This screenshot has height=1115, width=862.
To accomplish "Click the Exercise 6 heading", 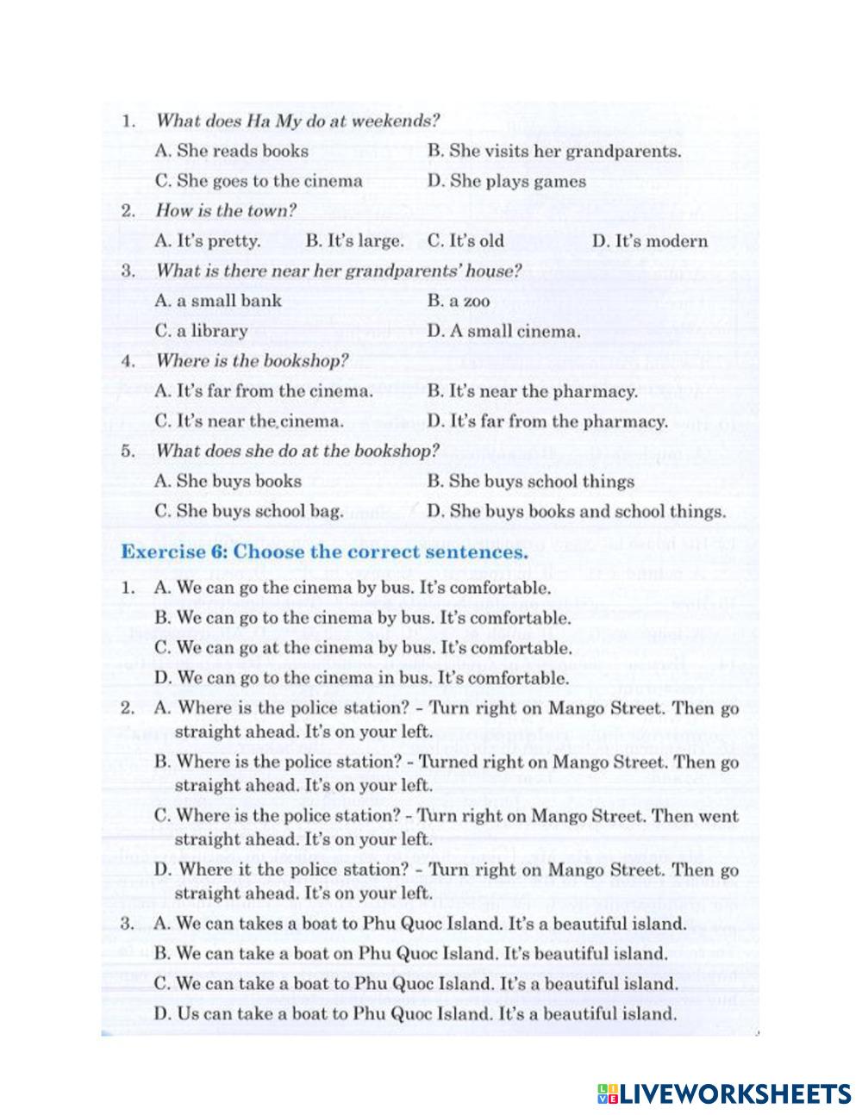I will (x=323, y=551).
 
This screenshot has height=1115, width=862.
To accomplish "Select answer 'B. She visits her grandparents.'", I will (x=553, y=151).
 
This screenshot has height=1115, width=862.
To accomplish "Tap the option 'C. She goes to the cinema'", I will (x=259, y=181).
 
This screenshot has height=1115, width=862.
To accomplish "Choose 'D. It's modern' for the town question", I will (x=649, y=241).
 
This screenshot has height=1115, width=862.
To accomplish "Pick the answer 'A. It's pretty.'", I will (x=207, y=241).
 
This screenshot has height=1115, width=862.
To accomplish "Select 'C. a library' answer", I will (x=201, y=331).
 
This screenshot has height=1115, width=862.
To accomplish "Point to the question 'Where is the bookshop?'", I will (x=252, y=361).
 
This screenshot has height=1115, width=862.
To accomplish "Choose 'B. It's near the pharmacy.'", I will (x=532, y=391).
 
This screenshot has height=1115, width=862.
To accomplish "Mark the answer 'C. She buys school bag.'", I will (x=248, y=511).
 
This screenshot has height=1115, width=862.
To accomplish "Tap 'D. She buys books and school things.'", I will (x=576, y=511).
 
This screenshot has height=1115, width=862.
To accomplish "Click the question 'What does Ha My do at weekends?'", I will (x=297, y=121).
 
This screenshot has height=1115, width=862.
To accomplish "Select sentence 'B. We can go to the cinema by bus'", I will (x=362, y=618).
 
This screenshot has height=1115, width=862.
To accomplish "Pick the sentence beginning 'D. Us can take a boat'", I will (x=415, y=1013).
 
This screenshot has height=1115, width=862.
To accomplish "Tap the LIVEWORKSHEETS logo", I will (x=722, y=1093).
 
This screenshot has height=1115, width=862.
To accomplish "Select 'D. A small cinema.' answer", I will (x=503, y=331).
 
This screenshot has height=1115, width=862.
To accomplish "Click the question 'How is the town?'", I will (x=226, y=211).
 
